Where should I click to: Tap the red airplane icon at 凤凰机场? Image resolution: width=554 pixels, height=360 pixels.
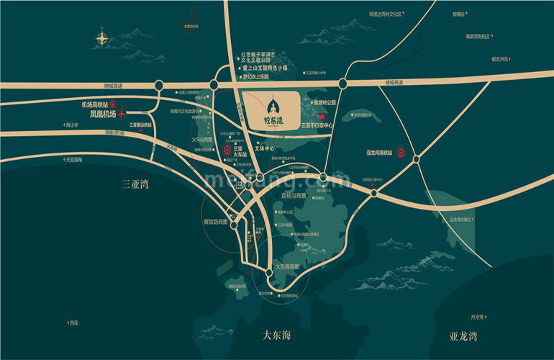coord(122,113)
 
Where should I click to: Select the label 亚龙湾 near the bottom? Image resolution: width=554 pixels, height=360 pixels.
coord(463,336)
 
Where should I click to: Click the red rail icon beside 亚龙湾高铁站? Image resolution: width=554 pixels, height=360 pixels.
coord(404,152)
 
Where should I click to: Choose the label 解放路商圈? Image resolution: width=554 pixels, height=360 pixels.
coord(215,222)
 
